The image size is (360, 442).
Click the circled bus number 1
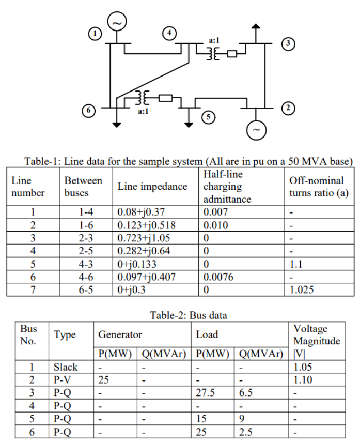click(x=94, y=34)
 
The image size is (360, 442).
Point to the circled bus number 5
click(x=209, y=117)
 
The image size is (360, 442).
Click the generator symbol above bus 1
click(x=117, y=22)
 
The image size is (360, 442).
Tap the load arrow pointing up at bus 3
click(x=255, y=31)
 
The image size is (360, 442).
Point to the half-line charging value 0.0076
click(x=218, y=277)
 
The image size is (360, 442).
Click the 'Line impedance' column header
click(x=152, y=187)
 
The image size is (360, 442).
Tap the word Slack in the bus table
click(x=66, y=367)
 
